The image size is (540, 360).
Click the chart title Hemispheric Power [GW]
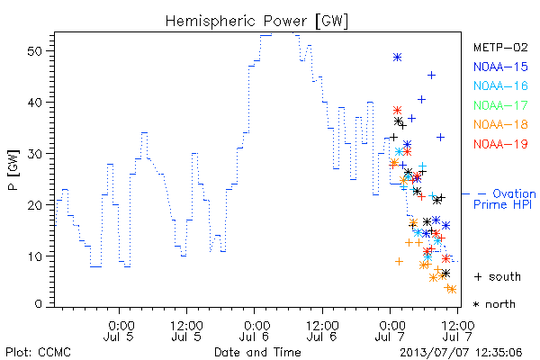[256, 22]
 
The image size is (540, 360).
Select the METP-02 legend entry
[500, 47]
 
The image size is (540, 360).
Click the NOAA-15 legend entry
[500, 67]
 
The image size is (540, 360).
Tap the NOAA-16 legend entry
[500, 85]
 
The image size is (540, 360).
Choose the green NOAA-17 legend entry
[500, 105]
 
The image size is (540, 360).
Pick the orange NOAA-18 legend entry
[500, 124]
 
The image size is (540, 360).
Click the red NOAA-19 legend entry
[500, 144]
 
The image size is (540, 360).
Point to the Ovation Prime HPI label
[504, 199]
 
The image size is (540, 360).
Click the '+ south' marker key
[498, 276]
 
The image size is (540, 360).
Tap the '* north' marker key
[494, 304]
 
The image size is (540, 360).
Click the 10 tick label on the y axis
[34, 256]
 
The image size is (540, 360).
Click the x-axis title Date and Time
[257, 352]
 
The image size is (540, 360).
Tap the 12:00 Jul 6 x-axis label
[322, 331]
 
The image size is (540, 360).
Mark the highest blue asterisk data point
[398, 58]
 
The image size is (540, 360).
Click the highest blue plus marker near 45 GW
[431, 75]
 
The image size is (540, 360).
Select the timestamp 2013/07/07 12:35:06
[461, 353]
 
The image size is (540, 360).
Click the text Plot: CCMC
[38, 353]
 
